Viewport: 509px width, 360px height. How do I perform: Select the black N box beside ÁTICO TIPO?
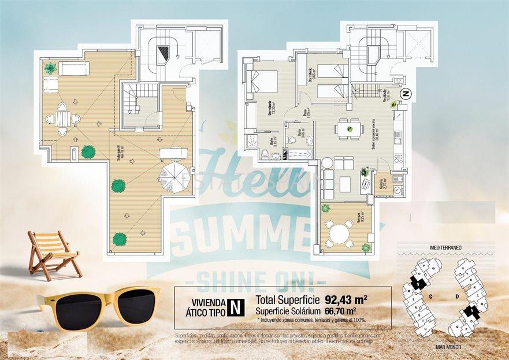pos(234,306)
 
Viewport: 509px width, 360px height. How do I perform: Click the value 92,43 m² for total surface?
pos(347,300)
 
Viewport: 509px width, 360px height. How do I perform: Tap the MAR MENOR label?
pos(446,347)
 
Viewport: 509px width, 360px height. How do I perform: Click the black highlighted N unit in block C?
pos(417,283)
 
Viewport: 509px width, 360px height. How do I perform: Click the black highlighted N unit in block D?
pos(473,311)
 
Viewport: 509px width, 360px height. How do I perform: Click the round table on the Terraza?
pos(340,233)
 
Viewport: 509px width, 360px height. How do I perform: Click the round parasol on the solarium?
pos(173,176)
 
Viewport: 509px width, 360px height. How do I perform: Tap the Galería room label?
pos(381,184)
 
